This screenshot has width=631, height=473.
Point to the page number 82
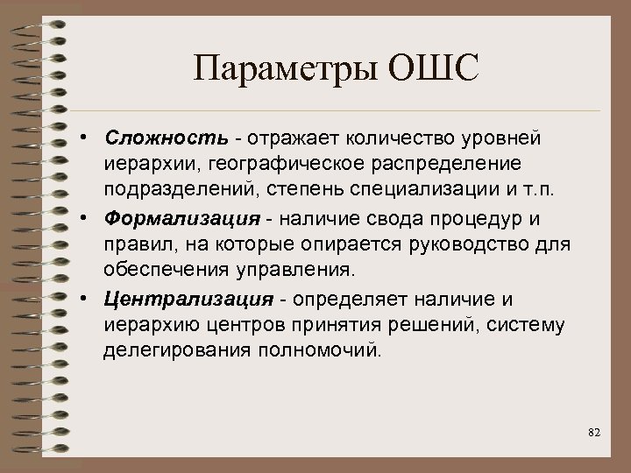point(594,432)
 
